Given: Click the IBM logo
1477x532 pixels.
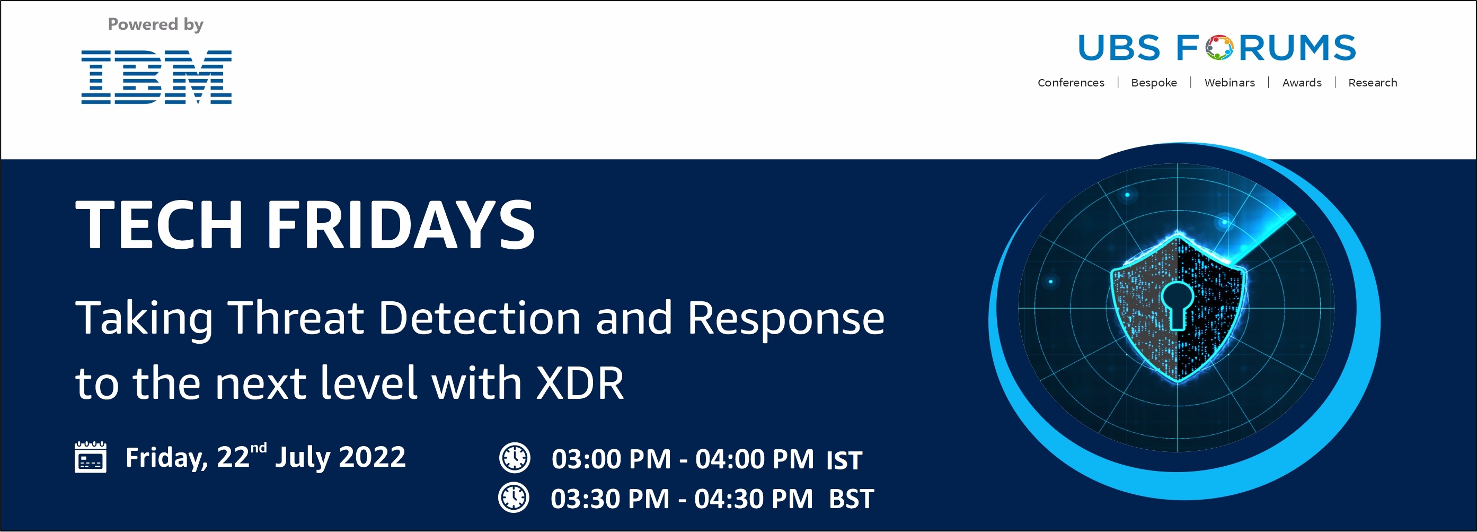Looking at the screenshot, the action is click(x=156, y=77).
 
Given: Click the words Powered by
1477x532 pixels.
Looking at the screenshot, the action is click(x=155, y=25).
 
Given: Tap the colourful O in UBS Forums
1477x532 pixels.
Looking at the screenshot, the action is click(x=1219, y=48).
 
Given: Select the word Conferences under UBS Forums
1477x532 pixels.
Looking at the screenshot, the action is click(x=1071, y=83).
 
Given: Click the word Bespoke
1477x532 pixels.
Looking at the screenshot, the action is click(x=1154, y=83).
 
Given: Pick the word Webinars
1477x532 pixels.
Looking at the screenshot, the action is click(x=1230, y=83).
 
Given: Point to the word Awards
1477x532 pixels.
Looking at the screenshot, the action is click(x=1302, y=83).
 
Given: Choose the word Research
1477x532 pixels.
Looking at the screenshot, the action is click(x=1373, y=83).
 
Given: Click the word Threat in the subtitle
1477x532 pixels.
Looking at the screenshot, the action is click(x=296, y=317).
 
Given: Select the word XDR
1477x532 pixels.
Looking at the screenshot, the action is click(x=580, y=383).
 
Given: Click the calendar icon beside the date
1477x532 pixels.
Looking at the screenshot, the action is click(x=91, y=457).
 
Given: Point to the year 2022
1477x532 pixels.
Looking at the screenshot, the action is click(x=372, y=457).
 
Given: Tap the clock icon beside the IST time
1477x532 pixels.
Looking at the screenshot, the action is click(x=514, y=457).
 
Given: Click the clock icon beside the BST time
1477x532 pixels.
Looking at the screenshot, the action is click(x=514, y=497).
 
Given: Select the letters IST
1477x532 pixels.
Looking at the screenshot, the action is click(x=844, y=460).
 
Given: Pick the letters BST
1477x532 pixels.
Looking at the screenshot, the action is click(x=852, y=499).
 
